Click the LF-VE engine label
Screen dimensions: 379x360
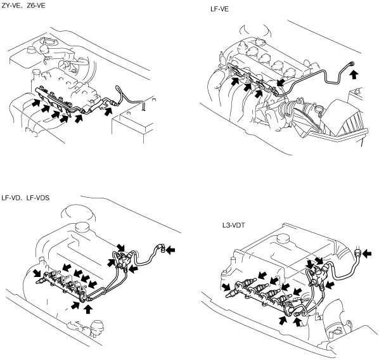click(x=219, y=9)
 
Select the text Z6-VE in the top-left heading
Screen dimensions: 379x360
click(x=36, y=5)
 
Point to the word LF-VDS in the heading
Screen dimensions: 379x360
click(x=37, y=198)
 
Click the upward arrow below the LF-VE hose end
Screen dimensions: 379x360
click(x=354, y=74)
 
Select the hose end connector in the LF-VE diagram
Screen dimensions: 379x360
click(x=352, y=63)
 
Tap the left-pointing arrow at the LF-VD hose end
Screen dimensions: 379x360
click(x=170, y=250)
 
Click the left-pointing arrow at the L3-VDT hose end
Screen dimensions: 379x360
click(x=367, y=254)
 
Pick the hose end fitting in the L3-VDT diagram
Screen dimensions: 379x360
click(x=358, y=253)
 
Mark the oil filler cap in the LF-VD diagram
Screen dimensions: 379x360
click(x=83, y=227)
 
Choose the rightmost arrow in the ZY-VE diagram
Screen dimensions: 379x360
click(x=108, y=111)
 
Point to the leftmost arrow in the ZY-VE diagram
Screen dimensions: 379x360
click(x=35, y=103)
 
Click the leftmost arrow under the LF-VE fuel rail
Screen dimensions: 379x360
click(x=235, y=81)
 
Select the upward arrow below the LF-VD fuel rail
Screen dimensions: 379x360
click(x=88, y=309)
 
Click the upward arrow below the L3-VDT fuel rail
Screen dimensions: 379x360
click(x=298, y=321)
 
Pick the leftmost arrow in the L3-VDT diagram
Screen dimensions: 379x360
click(x=226, y=287)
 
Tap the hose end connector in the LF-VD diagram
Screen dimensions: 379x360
click(x=161, y=248)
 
